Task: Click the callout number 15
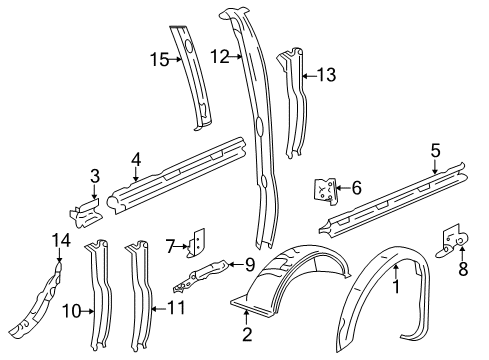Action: coord(160,60)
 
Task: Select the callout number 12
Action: coord(220,56)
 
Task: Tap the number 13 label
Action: coord(326,75)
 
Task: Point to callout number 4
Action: coord(136,160)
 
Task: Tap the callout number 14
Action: coord(61,240)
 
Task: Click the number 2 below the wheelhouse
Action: coord(247,334)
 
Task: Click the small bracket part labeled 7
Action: coord(197,243)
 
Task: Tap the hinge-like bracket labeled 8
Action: coord(453,241)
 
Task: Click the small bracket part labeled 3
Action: coord(85,213)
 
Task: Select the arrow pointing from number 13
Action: coord(309,76)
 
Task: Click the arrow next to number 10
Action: coord(88,311)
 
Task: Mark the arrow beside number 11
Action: coord(159,309)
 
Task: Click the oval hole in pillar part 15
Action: coord(189,47)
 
